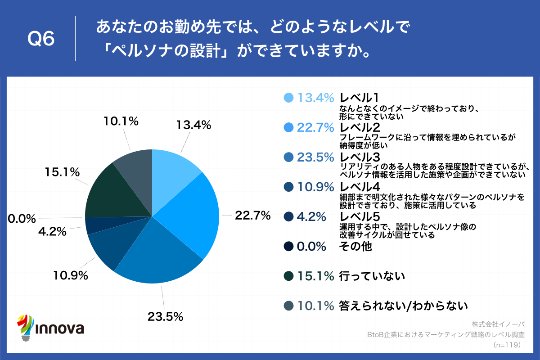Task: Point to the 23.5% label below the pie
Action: [165, 316]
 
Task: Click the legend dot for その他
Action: [289, 247]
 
